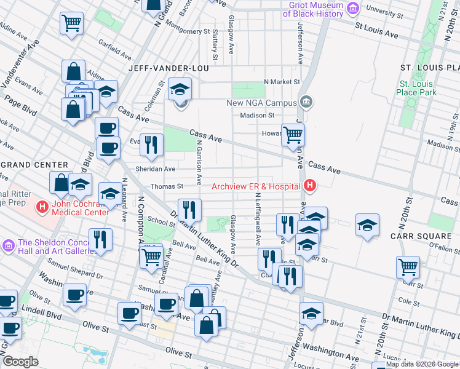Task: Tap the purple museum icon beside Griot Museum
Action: click(352, 8)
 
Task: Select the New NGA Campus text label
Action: click(261, 103)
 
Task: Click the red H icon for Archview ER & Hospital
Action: click(311, 185)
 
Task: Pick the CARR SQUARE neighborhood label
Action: click(421, 236)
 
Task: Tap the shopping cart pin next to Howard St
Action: click(293, 133)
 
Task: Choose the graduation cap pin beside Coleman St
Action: click(180, 90)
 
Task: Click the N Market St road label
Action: click(281, 81)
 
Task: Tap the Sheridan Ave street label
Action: click(159, 169)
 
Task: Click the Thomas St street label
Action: click(168, 186)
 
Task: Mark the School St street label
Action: click(161, 223)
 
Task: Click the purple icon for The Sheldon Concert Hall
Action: click(8, 246)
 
